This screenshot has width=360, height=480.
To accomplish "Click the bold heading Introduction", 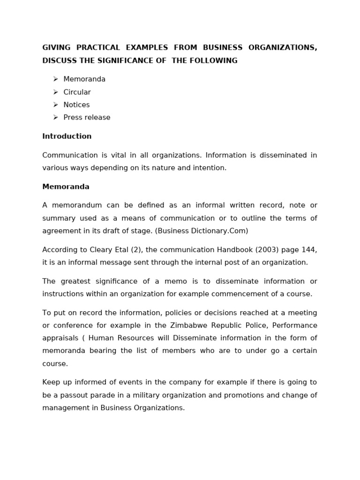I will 67,136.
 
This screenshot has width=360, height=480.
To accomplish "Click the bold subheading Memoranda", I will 66,187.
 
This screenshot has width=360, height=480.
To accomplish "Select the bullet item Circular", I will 77,92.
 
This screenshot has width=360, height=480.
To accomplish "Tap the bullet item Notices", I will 76,105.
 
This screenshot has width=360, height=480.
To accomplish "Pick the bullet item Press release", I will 87,118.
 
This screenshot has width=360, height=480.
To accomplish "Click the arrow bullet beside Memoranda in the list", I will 55,79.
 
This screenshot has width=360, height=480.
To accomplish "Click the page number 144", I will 310,250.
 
